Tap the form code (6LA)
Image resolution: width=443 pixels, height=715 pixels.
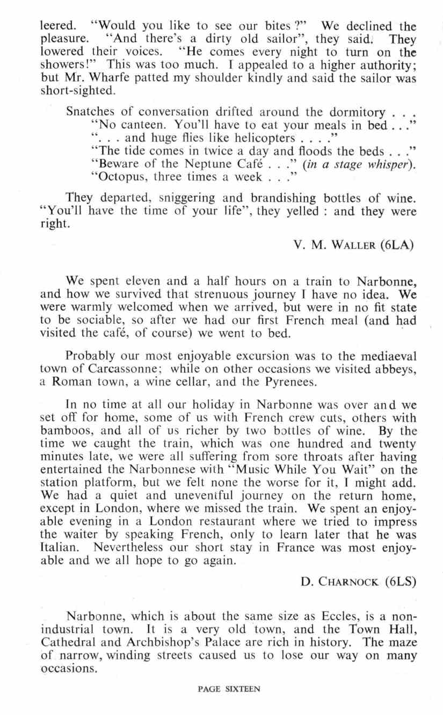pyautogui.click(x=398, y=246)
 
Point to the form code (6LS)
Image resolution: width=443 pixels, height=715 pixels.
pyautogui.click(x=400, y=565)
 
